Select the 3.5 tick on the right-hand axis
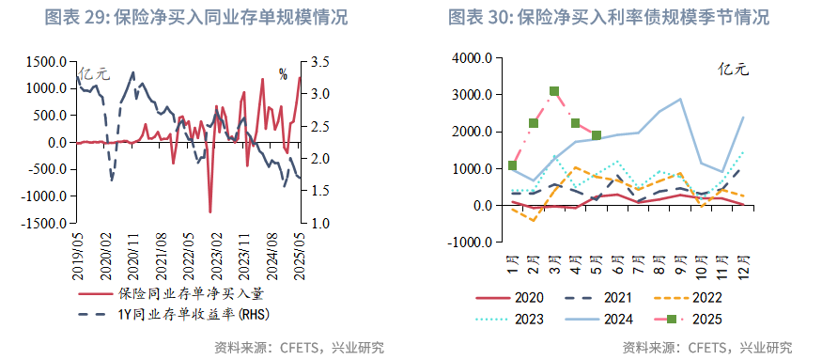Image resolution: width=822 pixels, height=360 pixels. click(x=318, y=62)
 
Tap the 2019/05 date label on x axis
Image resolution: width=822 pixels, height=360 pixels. click(x=79, y=253)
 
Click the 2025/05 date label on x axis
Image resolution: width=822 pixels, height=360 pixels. click(x=300, y=253)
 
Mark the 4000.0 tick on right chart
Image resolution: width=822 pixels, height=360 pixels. click(x=472, y=58)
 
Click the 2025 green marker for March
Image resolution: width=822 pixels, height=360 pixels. click(x=554, y=91)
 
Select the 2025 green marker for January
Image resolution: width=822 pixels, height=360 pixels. click(x=512, y=165)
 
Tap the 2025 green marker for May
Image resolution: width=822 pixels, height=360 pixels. click(x=597, y=135)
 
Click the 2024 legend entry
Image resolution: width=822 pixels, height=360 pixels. click(x=617, y=320)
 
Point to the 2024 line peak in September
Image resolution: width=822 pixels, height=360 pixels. click(x=680, y=99)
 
